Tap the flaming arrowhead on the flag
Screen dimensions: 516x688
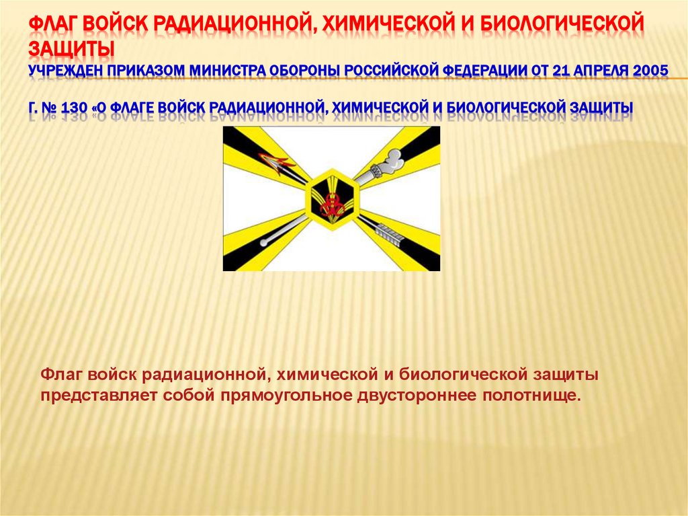[x=277, y=159]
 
